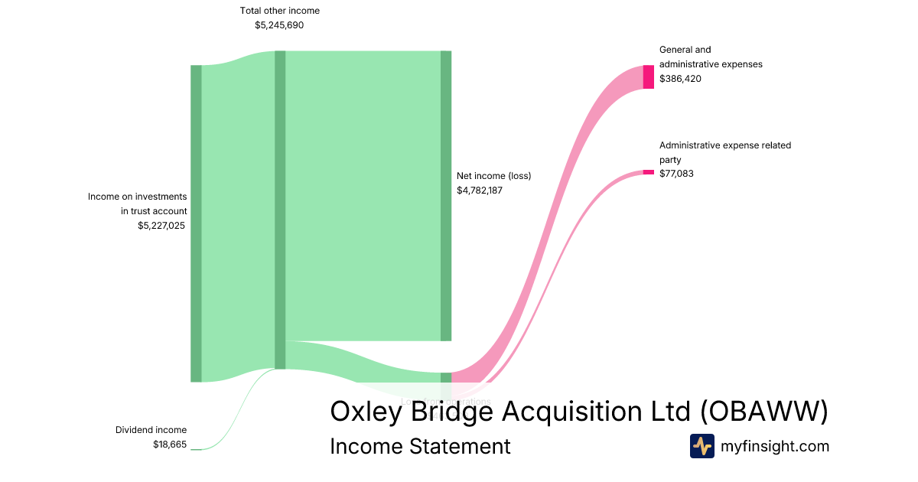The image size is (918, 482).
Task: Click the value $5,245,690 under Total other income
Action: point(279,25)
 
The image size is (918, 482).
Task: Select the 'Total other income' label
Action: point(279,11)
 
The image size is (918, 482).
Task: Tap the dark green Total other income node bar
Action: point(280,210)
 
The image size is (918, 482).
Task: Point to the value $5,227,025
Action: point(161,226)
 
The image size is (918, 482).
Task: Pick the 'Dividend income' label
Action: point(151,430)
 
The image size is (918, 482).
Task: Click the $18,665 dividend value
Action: point(169,445)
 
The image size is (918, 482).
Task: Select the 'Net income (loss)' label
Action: point(493,176)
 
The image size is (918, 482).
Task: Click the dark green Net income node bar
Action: point(446,196)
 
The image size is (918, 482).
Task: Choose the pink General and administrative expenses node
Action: point(649,77)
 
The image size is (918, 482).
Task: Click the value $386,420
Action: point(680,79)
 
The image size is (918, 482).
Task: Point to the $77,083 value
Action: point(677,174)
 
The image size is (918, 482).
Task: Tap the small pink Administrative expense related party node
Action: point(649,171)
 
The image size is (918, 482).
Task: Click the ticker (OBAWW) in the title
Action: point(764,412)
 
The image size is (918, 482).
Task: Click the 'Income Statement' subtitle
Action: point(420,446)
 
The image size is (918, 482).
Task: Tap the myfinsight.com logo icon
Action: point(702,446)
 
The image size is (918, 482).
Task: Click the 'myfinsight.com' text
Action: point(775,446)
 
